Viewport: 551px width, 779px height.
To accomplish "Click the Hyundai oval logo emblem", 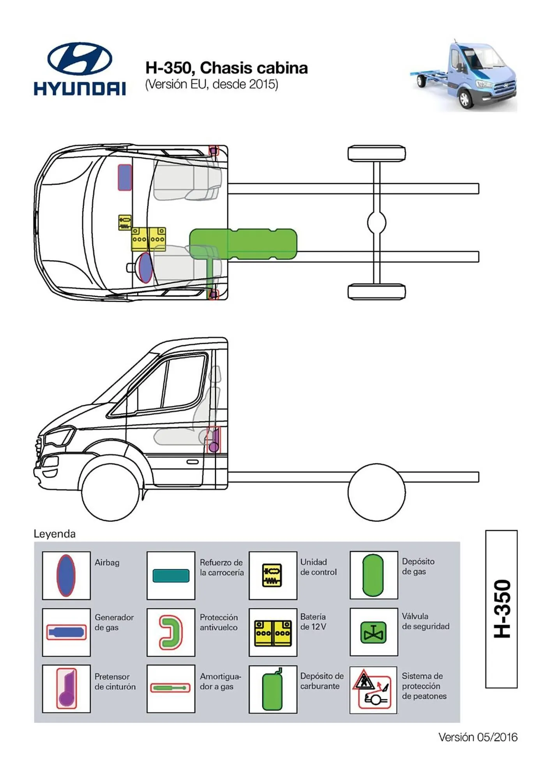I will [x=79, y=58].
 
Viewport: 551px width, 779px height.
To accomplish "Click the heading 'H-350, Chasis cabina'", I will [x=226, y=68].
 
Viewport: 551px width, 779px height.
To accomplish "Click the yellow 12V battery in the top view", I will [x=148, y=239].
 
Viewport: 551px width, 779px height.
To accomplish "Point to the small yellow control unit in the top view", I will [x=124, y=222].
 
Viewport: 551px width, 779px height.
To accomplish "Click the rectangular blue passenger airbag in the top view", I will [x=125, y=177].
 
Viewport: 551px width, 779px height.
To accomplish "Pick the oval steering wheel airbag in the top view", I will [x=145, y=267].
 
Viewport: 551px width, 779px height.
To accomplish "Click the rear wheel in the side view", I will [x=376, y=492].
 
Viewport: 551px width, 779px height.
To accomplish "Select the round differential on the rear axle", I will [x=376, y=222].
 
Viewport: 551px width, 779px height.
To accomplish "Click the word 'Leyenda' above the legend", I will [x=55, y=534].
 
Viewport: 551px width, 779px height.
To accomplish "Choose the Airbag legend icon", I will [x=66, y=575].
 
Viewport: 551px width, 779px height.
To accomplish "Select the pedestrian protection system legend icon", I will [x=373, y=690].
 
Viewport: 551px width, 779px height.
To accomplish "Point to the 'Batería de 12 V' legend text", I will [x=313, y=622].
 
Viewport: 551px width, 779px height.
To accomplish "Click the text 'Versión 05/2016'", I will [x=478, y=737].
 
